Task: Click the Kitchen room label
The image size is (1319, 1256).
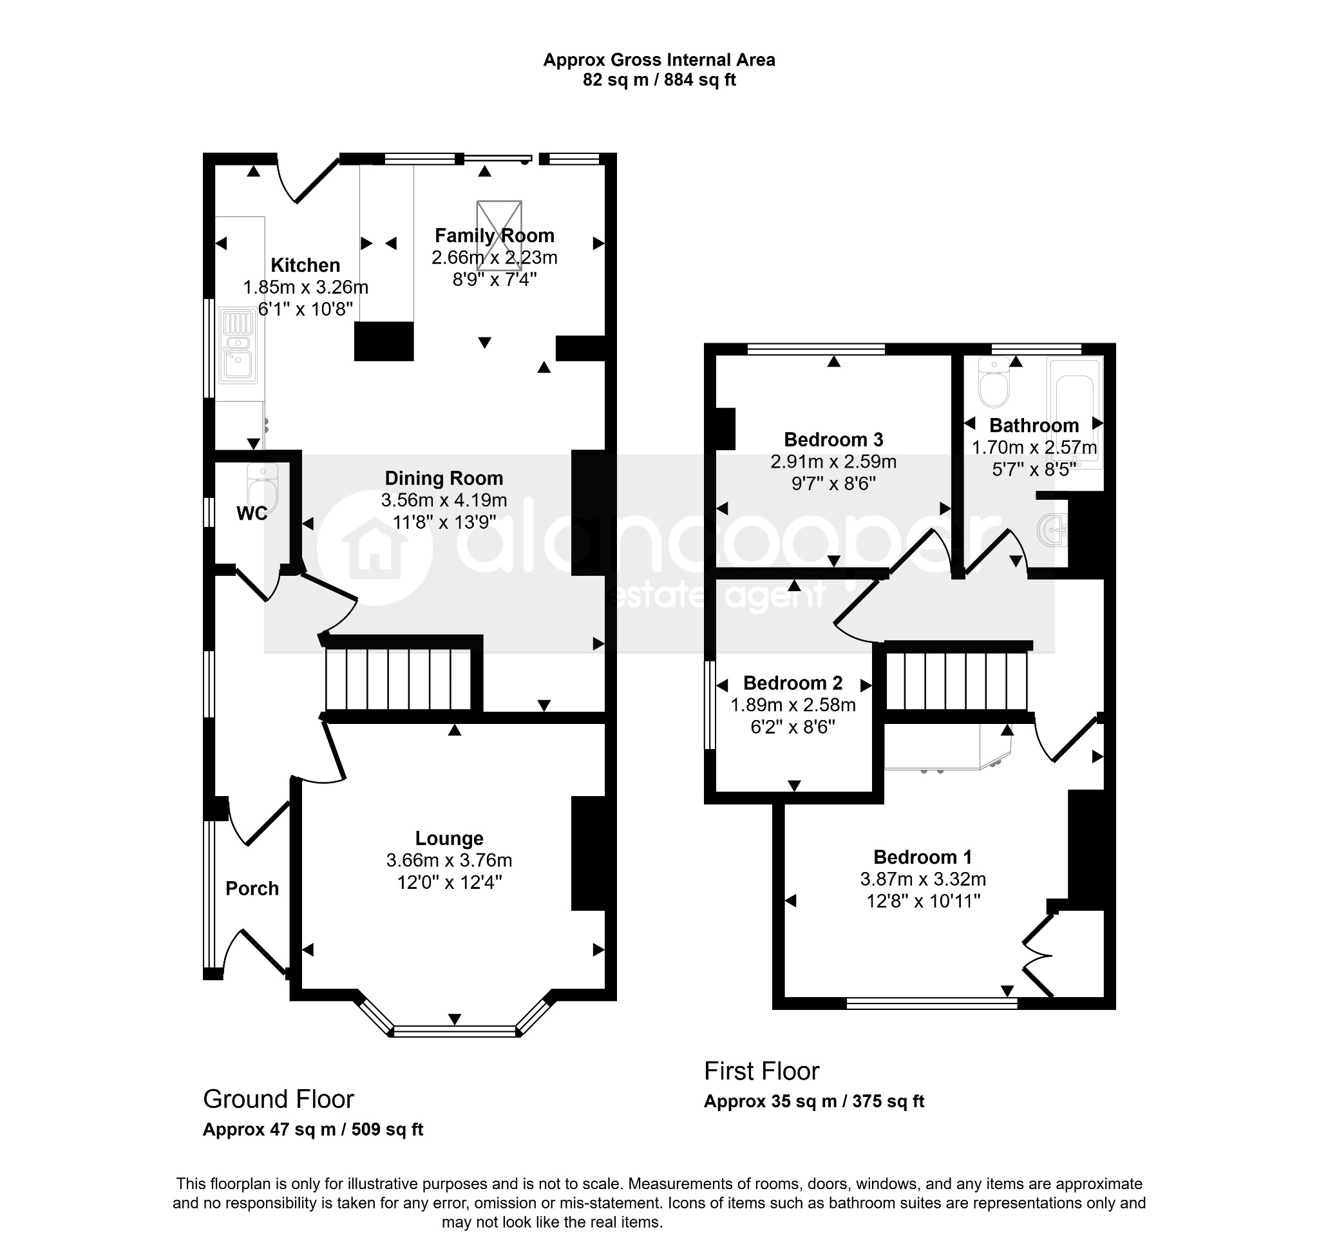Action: [x=305, y=265]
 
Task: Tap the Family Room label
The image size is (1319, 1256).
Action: [x=494, y=236]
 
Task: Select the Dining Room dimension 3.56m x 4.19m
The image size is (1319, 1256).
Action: [x=444, y=500]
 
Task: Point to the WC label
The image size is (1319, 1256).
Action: [x=252, y=513]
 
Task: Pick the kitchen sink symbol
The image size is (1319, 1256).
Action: [x=238, y=345]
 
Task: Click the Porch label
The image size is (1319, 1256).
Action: [x=252, y=888]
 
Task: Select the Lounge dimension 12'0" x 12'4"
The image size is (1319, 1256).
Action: [x=450, y=882]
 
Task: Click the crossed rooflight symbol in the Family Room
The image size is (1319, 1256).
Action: [x=498, y=236]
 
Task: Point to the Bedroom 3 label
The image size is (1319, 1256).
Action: [x=833, y=440]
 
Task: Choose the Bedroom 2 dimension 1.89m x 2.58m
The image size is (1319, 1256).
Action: [x=793, y=705]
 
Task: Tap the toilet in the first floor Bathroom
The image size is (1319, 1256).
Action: [x=994, y=383]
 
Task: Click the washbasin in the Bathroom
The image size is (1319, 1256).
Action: [x=1053, y=530]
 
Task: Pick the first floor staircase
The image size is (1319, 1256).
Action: [x=956, y=681]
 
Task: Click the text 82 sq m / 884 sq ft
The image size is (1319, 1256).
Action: [x=659, y=81]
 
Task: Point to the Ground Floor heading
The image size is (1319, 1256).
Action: [x=278, y=1099]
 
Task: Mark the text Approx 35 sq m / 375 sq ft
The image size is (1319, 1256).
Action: [x=813, y=1101]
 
